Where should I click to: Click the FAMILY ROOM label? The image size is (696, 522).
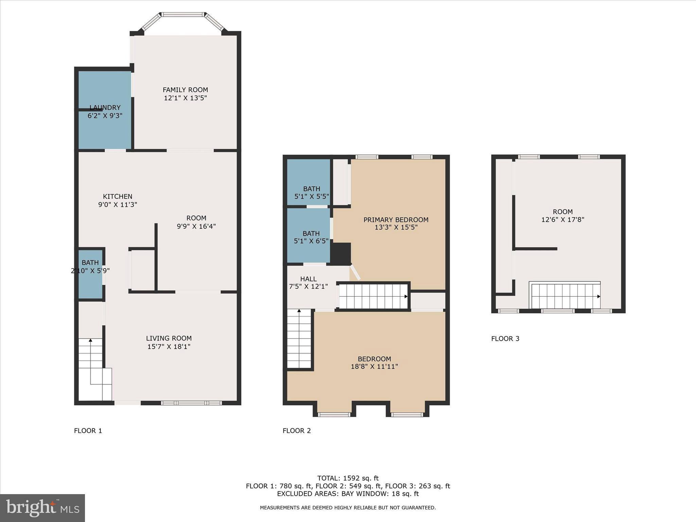pos(185,90)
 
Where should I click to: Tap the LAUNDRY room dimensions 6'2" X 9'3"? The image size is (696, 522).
pos(105,116)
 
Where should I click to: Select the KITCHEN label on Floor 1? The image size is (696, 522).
pos(118,196)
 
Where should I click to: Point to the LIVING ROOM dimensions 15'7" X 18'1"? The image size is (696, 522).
pos(169,347)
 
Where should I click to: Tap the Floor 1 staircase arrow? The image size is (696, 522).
pos(90,340)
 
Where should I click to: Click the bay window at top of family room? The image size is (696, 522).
pos(183,15)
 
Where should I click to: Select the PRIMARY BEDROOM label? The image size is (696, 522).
pos(396,220)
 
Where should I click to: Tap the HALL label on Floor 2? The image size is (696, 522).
pos(308,279)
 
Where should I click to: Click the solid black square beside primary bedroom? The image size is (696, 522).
pos(341,254)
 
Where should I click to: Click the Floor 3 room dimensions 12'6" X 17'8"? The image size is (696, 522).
pos(562,220)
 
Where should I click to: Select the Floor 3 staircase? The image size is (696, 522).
pos(565,296)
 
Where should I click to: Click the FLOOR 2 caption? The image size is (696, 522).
pos(296,431)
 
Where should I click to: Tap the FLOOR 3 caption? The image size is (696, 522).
pos(505,338)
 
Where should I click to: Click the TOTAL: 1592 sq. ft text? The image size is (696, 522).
pos(348,478)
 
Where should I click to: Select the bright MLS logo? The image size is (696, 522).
pos(42,508)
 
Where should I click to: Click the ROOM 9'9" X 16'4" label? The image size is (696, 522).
pos(196,222)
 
